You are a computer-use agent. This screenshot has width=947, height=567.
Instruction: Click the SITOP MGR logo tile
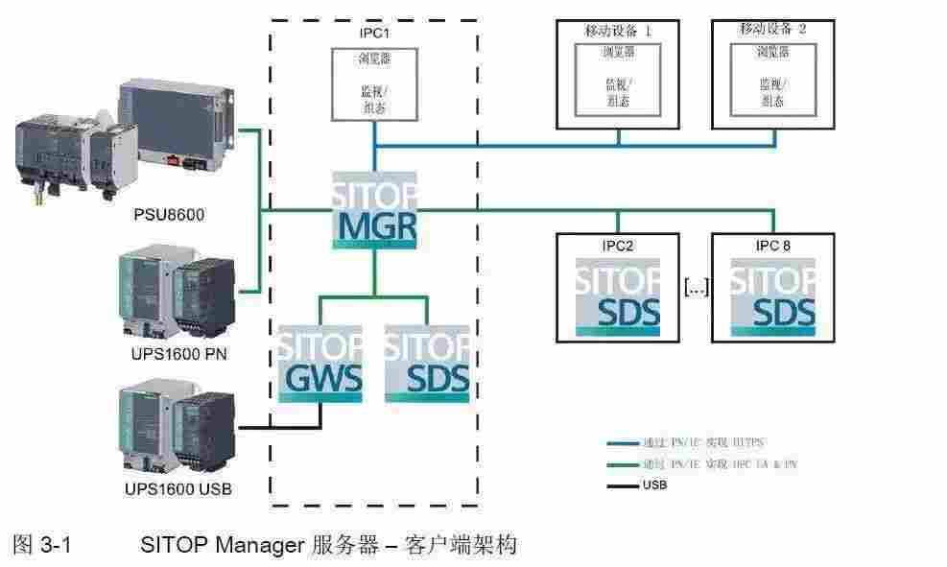[x=375, y=211]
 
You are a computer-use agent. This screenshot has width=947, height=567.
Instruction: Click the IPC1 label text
[x=374, y=33]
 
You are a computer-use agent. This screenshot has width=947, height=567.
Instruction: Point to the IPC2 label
[x=618, y=246]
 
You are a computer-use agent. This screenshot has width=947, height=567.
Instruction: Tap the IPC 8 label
[x=773, y=246]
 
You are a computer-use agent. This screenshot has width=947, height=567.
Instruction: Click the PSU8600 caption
[x=169, y=214]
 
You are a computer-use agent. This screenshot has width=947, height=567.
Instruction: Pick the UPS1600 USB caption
[x=178, y=490]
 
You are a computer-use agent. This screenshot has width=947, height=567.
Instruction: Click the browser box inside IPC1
[x=374, y=84]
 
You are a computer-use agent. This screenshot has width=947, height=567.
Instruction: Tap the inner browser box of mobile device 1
[x=619, y=79]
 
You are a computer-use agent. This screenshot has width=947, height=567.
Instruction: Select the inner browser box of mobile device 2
[x=773, y=79]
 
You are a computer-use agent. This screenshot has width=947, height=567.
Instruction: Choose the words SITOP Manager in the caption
[x=222, y=546]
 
